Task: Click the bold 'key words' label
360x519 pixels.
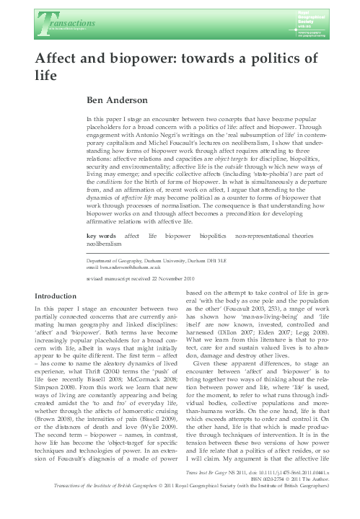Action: coord(101,236)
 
